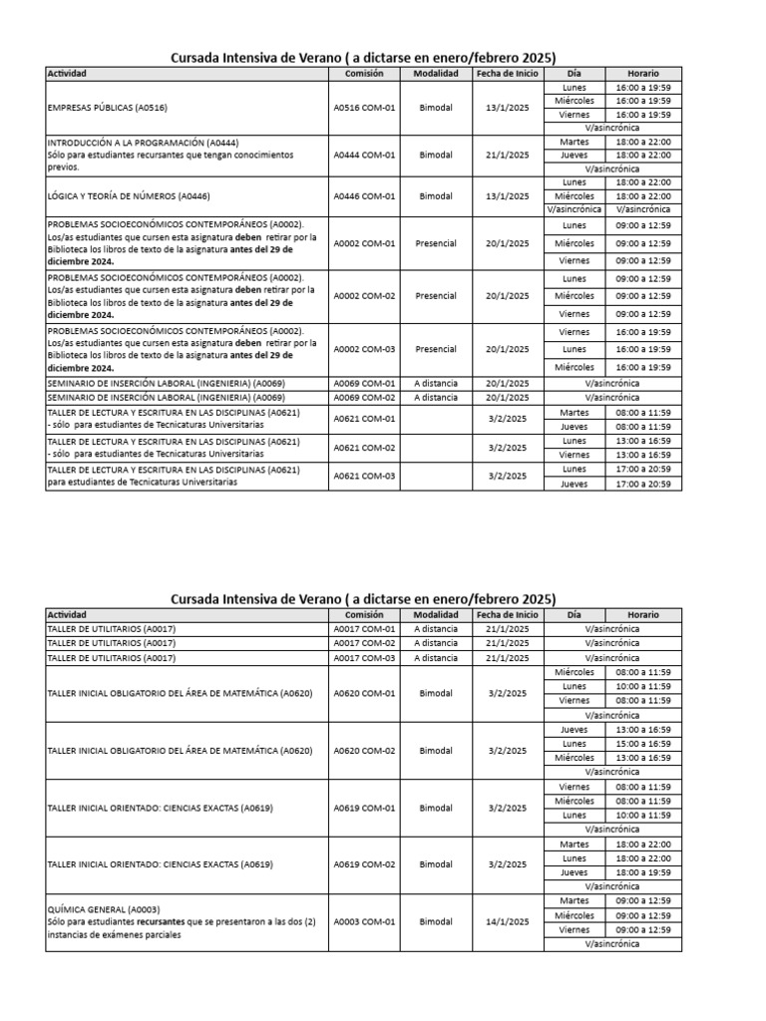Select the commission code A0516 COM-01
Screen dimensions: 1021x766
364,108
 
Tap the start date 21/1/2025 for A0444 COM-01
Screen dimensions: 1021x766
507,155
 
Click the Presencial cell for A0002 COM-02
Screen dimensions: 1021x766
435,296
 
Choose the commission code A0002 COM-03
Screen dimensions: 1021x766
364,349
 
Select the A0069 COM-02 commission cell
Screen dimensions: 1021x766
364,397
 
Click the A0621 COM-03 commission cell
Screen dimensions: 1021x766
364,476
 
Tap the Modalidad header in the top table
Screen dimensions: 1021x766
435,74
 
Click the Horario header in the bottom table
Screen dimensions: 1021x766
642,615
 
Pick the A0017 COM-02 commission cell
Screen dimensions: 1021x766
364,643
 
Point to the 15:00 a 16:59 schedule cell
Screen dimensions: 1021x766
642,744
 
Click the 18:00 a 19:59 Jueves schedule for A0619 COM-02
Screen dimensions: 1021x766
642,872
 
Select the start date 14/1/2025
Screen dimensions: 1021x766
507,922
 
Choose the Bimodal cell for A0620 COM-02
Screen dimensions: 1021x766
435,751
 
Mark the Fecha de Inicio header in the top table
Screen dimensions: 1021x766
507,74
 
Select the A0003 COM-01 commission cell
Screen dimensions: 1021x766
364,922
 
